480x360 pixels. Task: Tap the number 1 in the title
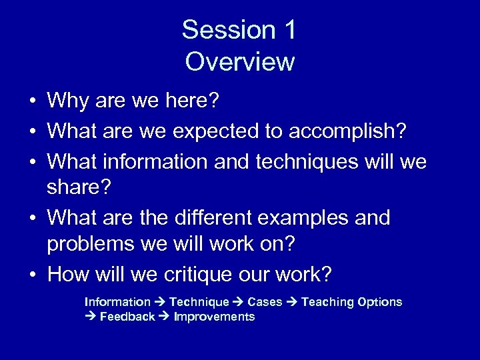[288, 30]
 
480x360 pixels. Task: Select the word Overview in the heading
[240, 61]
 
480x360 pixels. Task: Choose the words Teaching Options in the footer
[351, 302]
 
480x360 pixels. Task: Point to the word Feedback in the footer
[127, 317]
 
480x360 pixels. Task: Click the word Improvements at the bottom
[214, 317]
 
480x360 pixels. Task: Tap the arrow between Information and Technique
[161, 302]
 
